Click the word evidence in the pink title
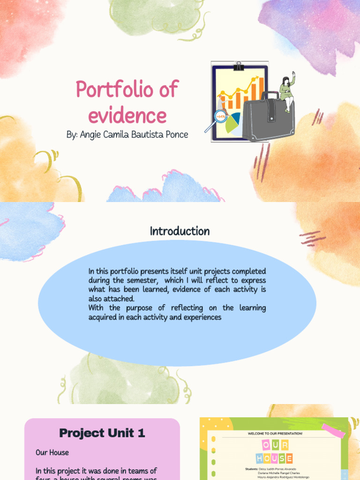coord(127,115)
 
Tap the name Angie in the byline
coord(91,135)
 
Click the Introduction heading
coord(180,231)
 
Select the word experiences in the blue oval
coord(202,317)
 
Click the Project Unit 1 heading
coord(102,433)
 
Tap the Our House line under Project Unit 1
coord(52,452)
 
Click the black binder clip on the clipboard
coord(240,66)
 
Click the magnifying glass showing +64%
coord(220,116)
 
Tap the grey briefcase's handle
coord(270,95)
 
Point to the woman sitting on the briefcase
coord(286,90)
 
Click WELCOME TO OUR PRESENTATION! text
coord(275,434)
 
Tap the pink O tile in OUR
coord(266,444)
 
